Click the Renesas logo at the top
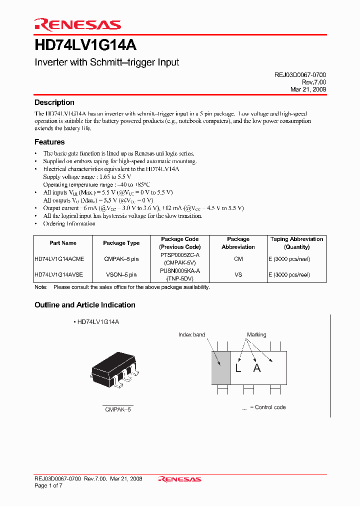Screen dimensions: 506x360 pyautogui.click(x=77, y=24)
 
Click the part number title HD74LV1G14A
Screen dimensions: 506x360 pyautogui.click(x=85, y=45)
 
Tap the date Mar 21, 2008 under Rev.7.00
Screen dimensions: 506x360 pyautogui.click(x=308, y=89)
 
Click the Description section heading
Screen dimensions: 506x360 pyautogui.click(x=54, y=102)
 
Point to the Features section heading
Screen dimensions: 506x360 pyautogui.click(x=49, y=142)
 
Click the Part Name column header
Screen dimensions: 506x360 pyautogui.click(x=63, y=243)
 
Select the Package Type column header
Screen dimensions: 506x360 pyautogui.click(x=121, y=243)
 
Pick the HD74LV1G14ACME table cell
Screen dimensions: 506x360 pyautogui.click(x=59, y=259)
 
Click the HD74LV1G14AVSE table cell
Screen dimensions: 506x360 pyautogui.click(x=59, y=274)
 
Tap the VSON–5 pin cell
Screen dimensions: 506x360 pyautogui.click(x=121, y=274)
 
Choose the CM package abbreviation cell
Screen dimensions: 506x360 pyautogui.click(x=238, y=259)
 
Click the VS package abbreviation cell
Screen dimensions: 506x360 pyautogui.click(x=238, y=274)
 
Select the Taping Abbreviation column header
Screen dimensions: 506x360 pyautogui.click(x=296, y=243)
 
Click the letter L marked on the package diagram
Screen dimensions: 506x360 pyautogui.click(x=238, y=368)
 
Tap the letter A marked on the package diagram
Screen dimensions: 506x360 pyautogui.click(x=257, y=368)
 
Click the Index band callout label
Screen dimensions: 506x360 pyautogui.click(x=191, y=334)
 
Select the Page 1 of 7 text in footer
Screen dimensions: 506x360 pyautogui.click(x=47, y=485)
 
